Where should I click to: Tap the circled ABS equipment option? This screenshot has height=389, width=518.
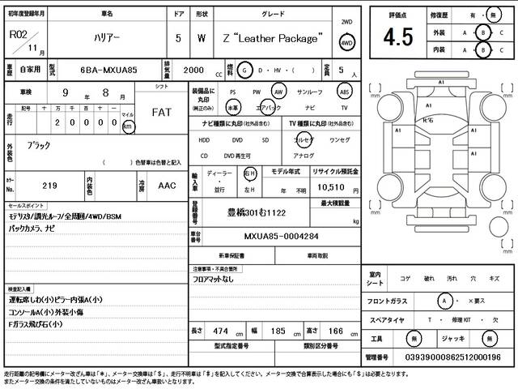344,92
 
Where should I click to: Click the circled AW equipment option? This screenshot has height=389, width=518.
279,92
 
